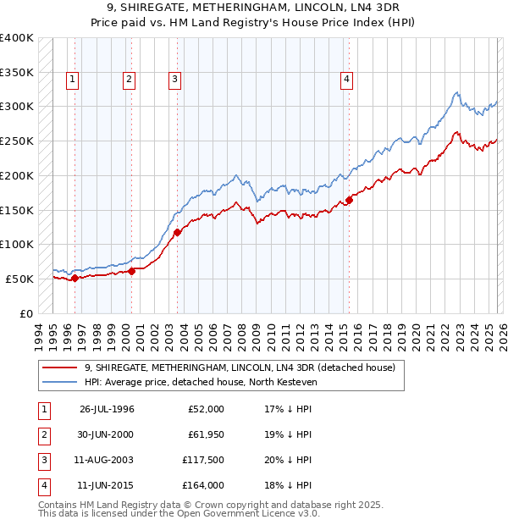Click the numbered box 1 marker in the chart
73,80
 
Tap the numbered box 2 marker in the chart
129,80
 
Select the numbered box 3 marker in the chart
174,80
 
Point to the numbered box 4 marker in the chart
346,80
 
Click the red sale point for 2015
349,201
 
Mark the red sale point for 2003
177,232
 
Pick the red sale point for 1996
75,277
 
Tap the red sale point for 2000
132,271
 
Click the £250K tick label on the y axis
17,141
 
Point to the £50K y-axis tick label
19,279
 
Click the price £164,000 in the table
203,485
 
